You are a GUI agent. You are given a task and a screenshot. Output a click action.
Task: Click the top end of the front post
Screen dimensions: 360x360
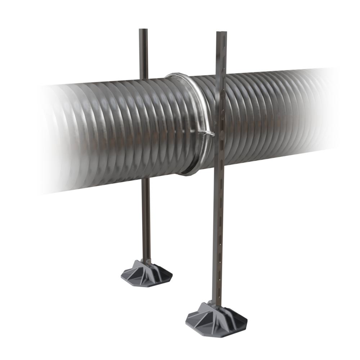221,33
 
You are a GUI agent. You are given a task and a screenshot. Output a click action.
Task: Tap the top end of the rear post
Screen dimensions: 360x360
143,30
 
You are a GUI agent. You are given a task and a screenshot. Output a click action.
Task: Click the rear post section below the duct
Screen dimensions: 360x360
145,220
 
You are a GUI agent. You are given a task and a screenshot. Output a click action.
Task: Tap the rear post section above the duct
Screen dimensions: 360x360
143,54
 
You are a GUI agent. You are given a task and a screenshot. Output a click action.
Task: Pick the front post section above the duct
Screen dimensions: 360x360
221,54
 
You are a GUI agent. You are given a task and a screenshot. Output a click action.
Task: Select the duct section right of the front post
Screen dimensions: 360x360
277,115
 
